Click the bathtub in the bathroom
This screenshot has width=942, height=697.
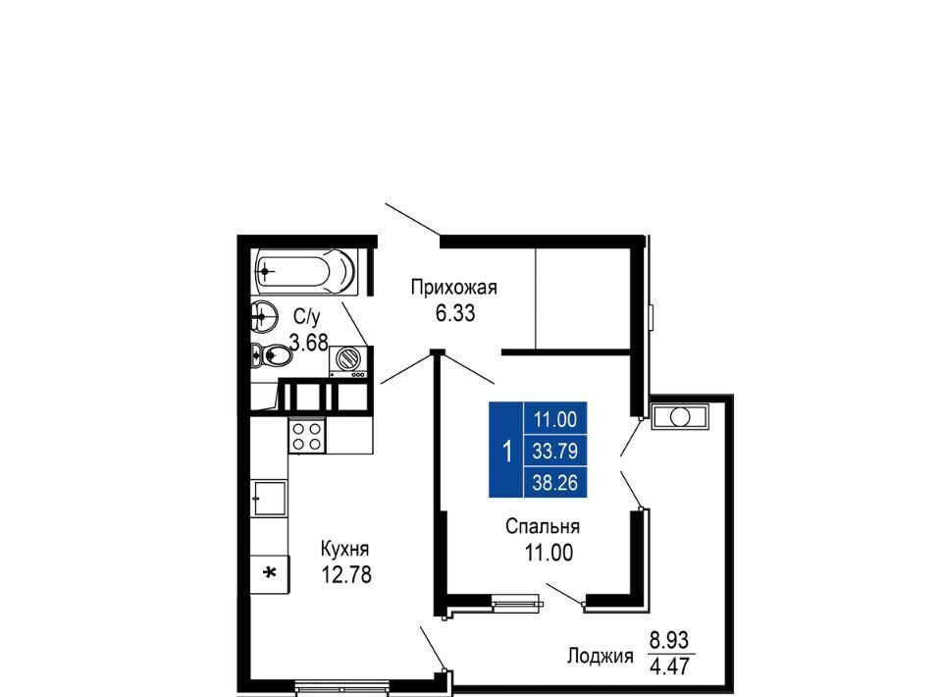point(306,272)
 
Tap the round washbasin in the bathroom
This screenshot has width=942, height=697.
point(264,315)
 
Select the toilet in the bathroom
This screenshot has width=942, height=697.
point(272,355)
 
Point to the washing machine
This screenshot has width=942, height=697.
point(347,361)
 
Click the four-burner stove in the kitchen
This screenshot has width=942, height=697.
point(307,436)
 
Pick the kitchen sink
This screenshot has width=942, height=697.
point(269,498)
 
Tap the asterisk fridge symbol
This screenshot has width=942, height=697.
point(271,574)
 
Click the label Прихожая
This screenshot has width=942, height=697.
point(454,288)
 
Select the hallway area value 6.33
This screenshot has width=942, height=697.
point(455,313)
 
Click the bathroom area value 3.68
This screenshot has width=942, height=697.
point(309,343)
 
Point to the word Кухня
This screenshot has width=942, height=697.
point(344,549)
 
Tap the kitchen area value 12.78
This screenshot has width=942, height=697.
point(346,574)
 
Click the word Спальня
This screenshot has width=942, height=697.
point(543,526)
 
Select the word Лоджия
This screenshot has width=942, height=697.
point(601,656)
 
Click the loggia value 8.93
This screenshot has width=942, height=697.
point(669,640)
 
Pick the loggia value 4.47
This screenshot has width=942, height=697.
point(670,667)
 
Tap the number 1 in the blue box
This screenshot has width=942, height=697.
point(507,451)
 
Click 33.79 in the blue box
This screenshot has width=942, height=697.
point(555,451)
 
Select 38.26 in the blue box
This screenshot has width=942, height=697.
point(555,482)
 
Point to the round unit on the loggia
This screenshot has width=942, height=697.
point(680,416)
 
